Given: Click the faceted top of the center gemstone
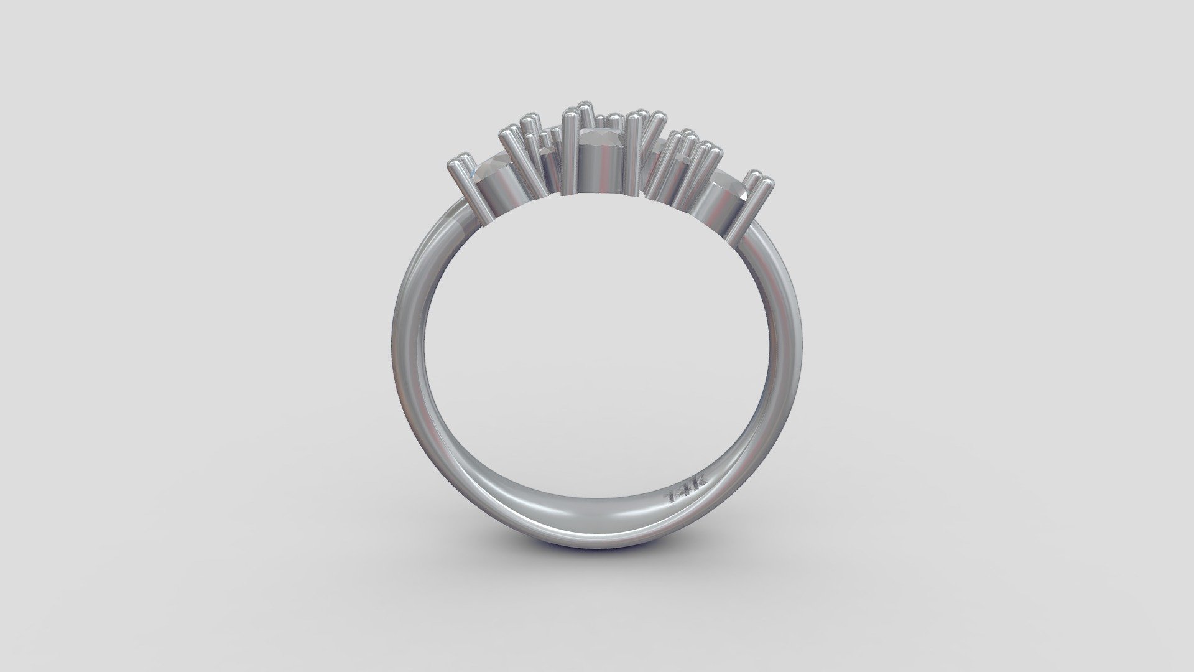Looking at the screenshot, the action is (601, 135).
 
